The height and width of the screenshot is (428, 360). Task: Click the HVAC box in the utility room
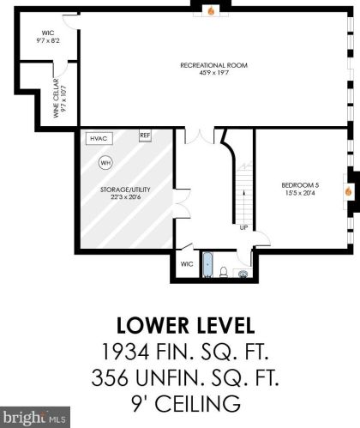point(99,139)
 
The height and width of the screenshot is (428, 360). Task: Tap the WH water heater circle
point(105,163)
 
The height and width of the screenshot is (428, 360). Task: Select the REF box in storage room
point(145,136)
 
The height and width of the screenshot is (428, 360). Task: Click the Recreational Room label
point(213,65)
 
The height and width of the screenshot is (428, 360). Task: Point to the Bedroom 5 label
point(300,185)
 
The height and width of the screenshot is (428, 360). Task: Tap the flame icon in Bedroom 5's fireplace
point(348,191)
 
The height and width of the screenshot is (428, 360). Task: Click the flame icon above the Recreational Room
point(211,11)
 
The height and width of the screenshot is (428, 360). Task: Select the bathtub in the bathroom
point(207,264)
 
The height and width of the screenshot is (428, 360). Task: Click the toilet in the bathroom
point(224,272)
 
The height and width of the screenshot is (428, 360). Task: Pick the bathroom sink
point(243,274)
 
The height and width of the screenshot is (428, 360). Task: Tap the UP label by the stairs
point(243,227)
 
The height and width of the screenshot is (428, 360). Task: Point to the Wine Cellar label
point(56,98)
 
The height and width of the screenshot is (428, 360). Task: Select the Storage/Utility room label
point(125,190)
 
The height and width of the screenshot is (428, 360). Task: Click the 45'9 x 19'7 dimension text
point(213,73)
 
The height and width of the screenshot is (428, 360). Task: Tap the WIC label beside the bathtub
point(187,264)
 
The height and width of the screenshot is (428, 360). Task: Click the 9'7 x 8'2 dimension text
point(48,40)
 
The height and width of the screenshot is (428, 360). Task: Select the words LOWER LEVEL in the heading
point(185,325)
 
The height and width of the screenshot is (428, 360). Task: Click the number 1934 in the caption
point(125,352)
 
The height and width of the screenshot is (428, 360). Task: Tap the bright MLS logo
point(35,418)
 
